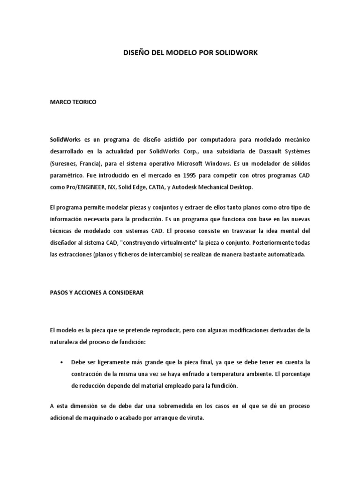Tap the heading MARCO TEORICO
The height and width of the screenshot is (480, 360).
tap(73, 102)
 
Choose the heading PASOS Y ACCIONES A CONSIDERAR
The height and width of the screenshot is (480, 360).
tap(97, 292)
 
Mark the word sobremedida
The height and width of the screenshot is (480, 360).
tap(155, 406)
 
